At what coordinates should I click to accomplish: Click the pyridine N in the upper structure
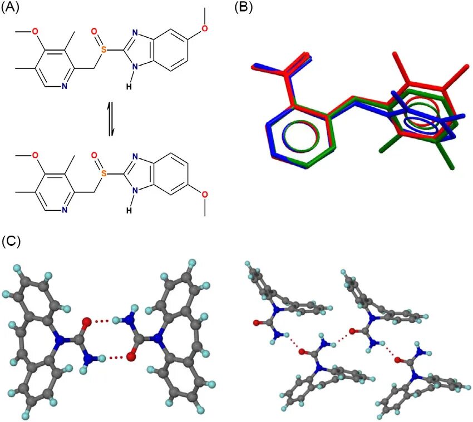65,86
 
